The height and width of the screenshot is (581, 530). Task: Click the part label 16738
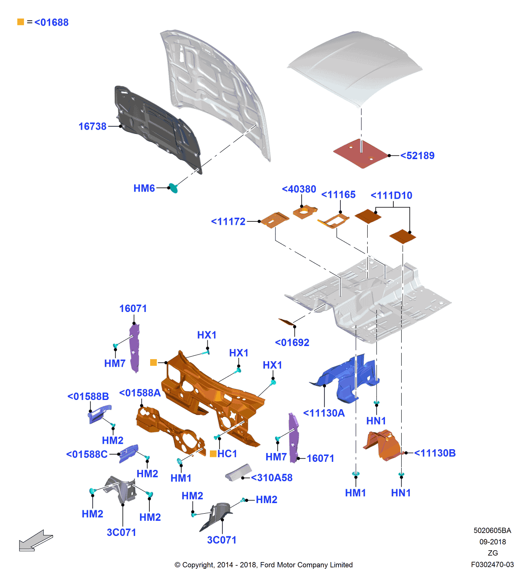93,126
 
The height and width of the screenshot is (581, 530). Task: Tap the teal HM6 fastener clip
173,188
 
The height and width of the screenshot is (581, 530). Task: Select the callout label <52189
417,156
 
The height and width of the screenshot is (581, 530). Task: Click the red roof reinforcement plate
360,154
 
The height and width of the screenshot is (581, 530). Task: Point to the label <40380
299,189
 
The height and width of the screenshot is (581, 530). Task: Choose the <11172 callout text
228,221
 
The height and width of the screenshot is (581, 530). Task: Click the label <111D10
392,195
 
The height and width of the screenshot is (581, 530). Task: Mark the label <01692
292,343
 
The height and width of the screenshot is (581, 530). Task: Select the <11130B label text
435,453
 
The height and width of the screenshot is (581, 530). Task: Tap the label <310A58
272,478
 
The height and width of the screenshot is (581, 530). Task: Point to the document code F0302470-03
492,565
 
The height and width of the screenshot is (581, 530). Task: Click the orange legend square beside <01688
21,22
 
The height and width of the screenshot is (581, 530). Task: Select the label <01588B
88,397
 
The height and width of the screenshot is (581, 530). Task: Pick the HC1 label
227,454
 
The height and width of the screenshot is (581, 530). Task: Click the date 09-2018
493,542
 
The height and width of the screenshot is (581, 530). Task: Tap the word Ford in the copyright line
268,565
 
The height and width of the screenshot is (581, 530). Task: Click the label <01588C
87,454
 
